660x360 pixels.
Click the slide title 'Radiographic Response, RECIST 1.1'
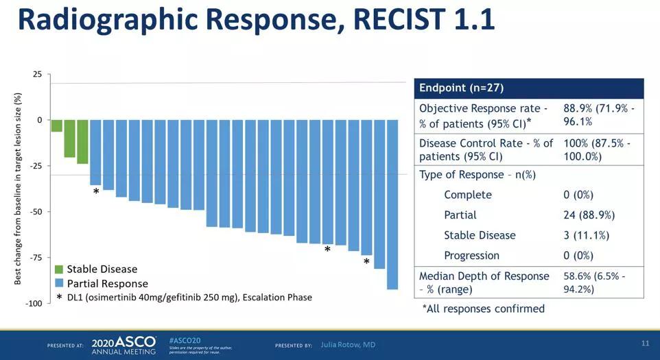coord(255,21)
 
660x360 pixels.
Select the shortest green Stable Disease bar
coord(57,125)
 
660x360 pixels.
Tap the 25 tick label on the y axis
coord(37,74)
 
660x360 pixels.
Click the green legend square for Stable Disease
coord(59,269)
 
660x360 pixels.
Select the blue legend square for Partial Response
coord(59,283)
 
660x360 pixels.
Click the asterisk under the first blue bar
coord(96,193)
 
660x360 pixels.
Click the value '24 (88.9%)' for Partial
coord(589,215)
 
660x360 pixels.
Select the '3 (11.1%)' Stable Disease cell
coord(586,235)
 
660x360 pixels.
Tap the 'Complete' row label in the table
coord(467,195)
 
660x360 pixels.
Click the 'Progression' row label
coord(471,255)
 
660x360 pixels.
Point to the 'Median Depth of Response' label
coord(484,276)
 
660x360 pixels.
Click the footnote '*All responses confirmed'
coord(483,309)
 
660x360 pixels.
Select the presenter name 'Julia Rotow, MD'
coord(348,344)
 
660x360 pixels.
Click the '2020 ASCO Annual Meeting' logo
coord(124,344)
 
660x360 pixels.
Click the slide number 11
coord(645,343)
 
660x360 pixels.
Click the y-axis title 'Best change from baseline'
coord(19,189)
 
